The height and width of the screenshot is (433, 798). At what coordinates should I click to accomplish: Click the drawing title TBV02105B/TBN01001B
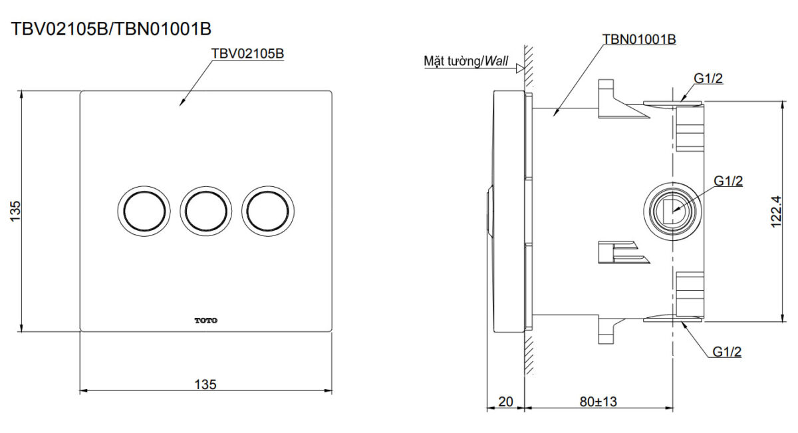click(x=111, y=29)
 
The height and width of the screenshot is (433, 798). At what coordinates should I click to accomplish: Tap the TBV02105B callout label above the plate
click(x=247, y=54)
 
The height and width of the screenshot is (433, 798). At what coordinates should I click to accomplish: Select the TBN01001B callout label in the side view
click(x=639, y=39)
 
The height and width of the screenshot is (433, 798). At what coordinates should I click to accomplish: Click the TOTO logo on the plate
click(x=206, y=321)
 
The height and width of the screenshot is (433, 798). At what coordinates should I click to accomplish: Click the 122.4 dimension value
click(x=776, y=212)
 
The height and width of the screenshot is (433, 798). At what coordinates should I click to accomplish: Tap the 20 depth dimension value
click(x=505, y=402)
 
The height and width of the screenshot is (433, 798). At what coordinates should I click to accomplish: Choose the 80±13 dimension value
click(x=598, y=402)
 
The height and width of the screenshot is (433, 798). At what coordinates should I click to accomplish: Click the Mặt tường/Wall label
click(x=466, y=61)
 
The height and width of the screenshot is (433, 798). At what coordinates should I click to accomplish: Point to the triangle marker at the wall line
click(x=520, y=69)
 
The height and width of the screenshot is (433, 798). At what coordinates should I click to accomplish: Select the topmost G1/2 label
click(x=708, y=78)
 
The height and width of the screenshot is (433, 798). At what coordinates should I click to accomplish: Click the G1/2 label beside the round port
click(x=728, y=182)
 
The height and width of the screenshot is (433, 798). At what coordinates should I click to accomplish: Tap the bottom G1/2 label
click(x=727, y=352)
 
